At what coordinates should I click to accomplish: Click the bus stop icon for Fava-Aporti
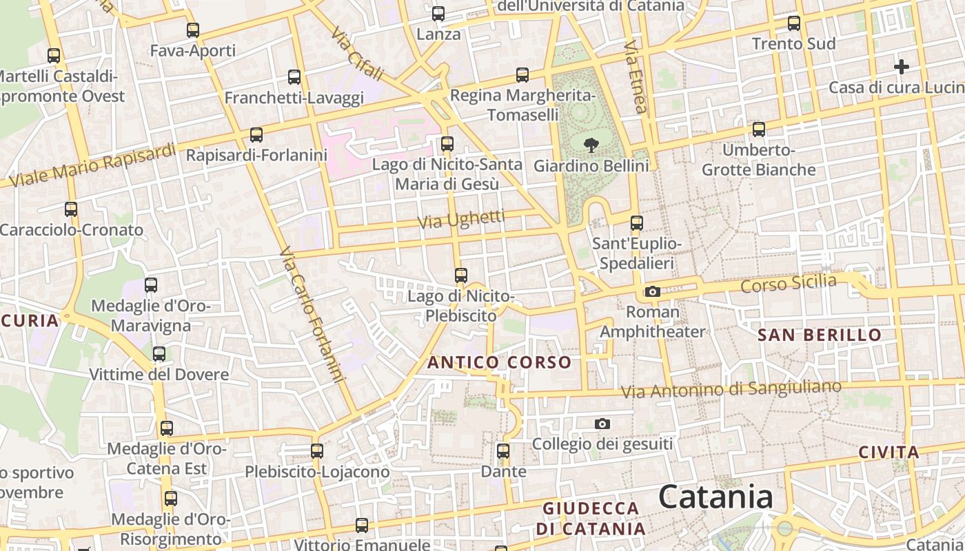pos(193,30)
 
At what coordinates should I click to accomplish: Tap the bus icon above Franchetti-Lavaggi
pos(294,77)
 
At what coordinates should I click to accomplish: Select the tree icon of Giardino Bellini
pos(591,145)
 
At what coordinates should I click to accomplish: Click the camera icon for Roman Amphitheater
pos(652,292)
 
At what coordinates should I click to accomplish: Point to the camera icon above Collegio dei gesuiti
pos(602,424)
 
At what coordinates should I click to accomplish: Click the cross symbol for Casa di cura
pos(902,67)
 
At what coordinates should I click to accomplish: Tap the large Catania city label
pos(715,497)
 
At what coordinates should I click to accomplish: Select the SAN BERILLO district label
pos(820,335)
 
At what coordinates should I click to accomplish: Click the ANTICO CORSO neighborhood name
pos(500,362)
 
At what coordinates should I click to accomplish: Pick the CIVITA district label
pos(889,453)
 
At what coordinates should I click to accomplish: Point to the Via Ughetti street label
pos(462,220)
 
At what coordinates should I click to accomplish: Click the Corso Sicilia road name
pos(789,283)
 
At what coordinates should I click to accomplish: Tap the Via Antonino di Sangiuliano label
pos(731,389)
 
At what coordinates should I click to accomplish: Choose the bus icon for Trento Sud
pos(794,23)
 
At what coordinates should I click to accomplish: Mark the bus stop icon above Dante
pos(503,452)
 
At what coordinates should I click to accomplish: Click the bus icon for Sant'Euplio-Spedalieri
pos(637,223)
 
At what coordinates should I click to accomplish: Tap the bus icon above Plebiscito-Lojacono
pos(317,451)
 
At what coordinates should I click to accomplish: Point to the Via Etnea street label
pos(636,76)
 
